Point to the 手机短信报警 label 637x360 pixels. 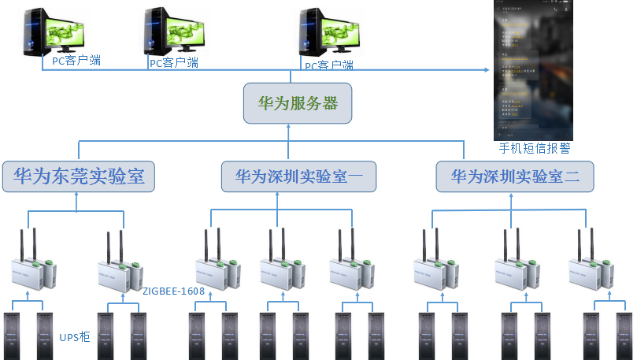click(535, 147)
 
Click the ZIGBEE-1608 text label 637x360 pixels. click(173, 291)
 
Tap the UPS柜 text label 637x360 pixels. click(75, 337)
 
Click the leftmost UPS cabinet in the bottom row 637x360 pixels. click(14, 336)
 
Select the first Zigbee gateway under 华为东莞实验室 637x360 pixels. click(31, 264)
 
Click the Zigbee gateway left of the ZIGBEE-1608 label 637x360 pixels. click(117, 264)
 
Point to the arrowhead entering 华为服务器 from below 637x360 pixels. click(289, 127)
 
